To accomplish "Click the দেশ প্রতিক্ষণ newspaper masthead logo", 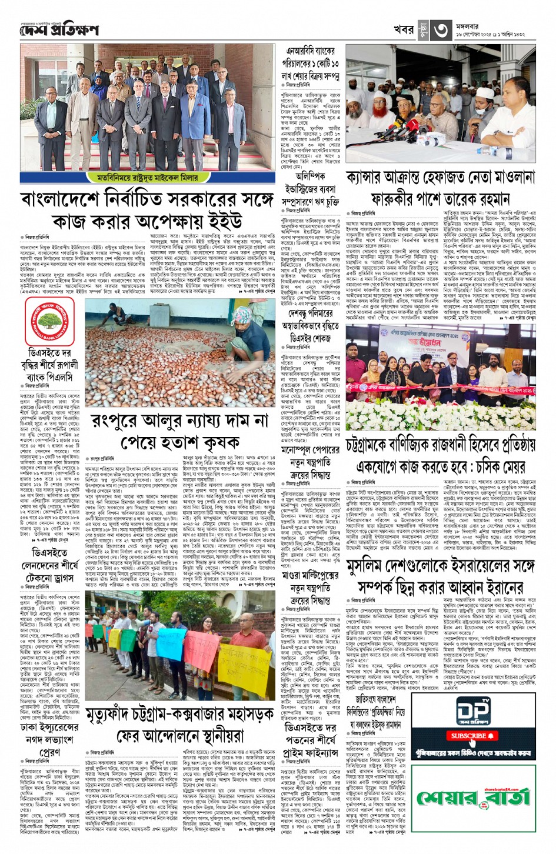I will pos(59,30).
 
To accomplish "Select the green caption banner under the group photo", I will pos(151,176).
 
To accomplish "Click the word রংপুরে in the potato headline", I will pos(116,422).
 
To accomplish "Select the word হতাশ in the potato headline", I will pos(185,442).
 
